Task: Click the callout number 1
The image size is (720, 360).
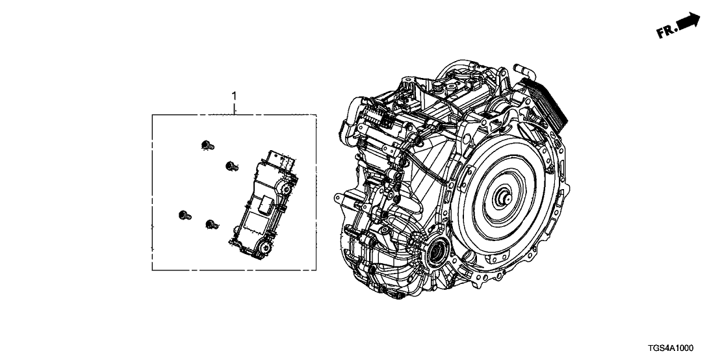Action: pos(234,96)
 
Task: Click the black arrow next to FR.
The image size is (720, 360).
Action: pos(689,21)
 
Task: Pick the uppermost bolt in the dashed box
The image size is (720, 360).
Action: pos(207,146)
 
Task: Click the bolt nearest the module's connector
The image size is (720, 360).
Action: pos(231,166)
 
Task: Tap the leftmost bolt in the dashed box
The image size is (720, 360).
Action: pos(185,215)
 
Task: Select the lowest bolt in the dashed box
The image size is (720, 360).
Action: pos(212,225)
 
